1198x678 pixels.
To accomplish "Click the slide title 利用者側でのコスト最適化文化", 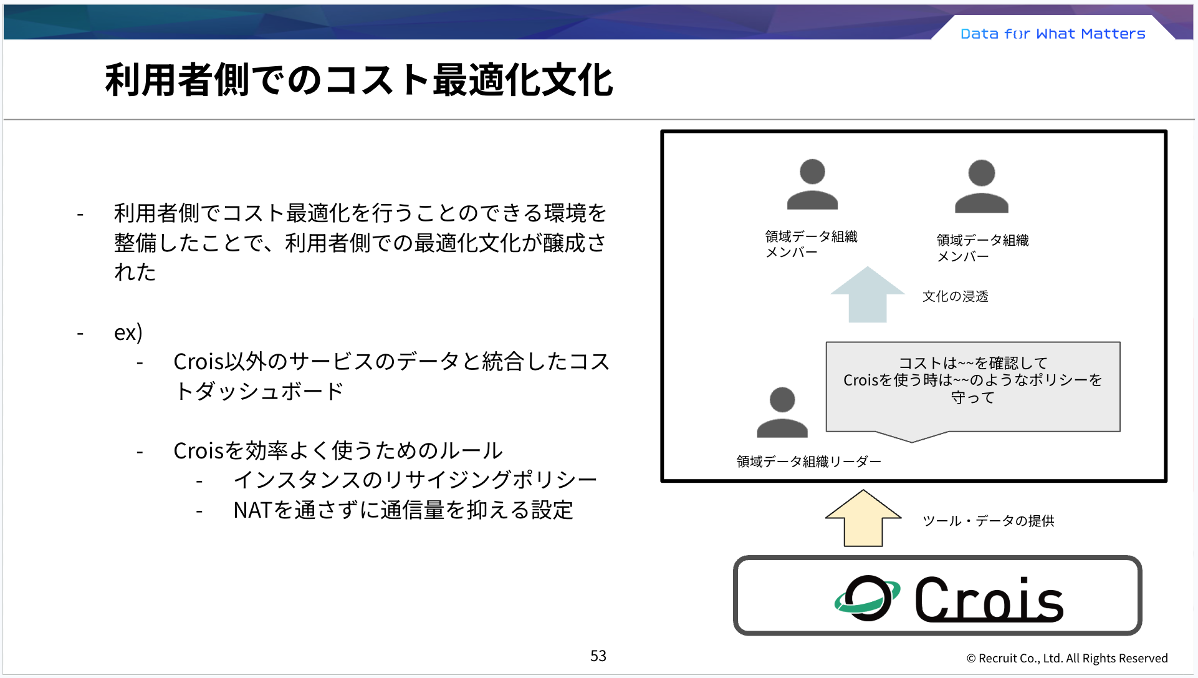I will [x=358, y=80].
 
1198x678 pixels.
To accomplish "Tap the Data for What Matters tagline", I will [x=1053, y=34].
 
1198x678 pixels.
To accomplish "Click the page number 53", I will [x=598, y=656].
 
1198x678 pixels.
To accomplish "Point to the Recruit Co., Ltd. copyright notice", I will [x=1066, y=658].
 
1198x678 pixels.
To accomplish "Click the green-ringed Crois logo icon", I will [x=867, y=598].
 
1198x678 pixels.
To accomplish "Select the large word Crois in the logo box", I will [x=989, y=599].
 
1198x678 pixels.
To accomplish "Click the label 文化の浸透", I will [x=955, y=296].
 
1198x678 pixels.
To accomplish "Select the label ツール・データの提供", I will [x=988, y=521].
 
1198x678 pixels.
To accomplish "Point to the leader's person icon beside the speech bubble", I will [x=782, y=413].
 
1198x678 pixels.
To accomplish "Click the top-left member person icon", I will [x=812, y=185].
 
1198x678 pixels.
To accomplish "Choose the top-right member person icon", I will [x=982, y=187].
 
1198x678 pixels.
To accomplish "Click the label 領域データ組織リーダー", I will [x=808, y=462].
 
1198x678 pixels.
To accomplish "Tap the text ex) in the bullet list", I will [x=128, y=332].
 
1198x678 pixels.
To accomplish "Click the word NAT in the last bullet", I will [x=252, y=510].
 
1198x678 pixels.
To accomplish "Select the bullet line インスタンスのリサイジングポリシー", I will [x=415, y=480].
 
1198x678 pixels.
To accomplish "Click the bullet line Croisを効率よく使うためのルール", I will [x=338, y=450].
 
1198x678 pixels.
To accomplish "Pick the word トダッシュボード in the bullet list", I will [x=259, y=391].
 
